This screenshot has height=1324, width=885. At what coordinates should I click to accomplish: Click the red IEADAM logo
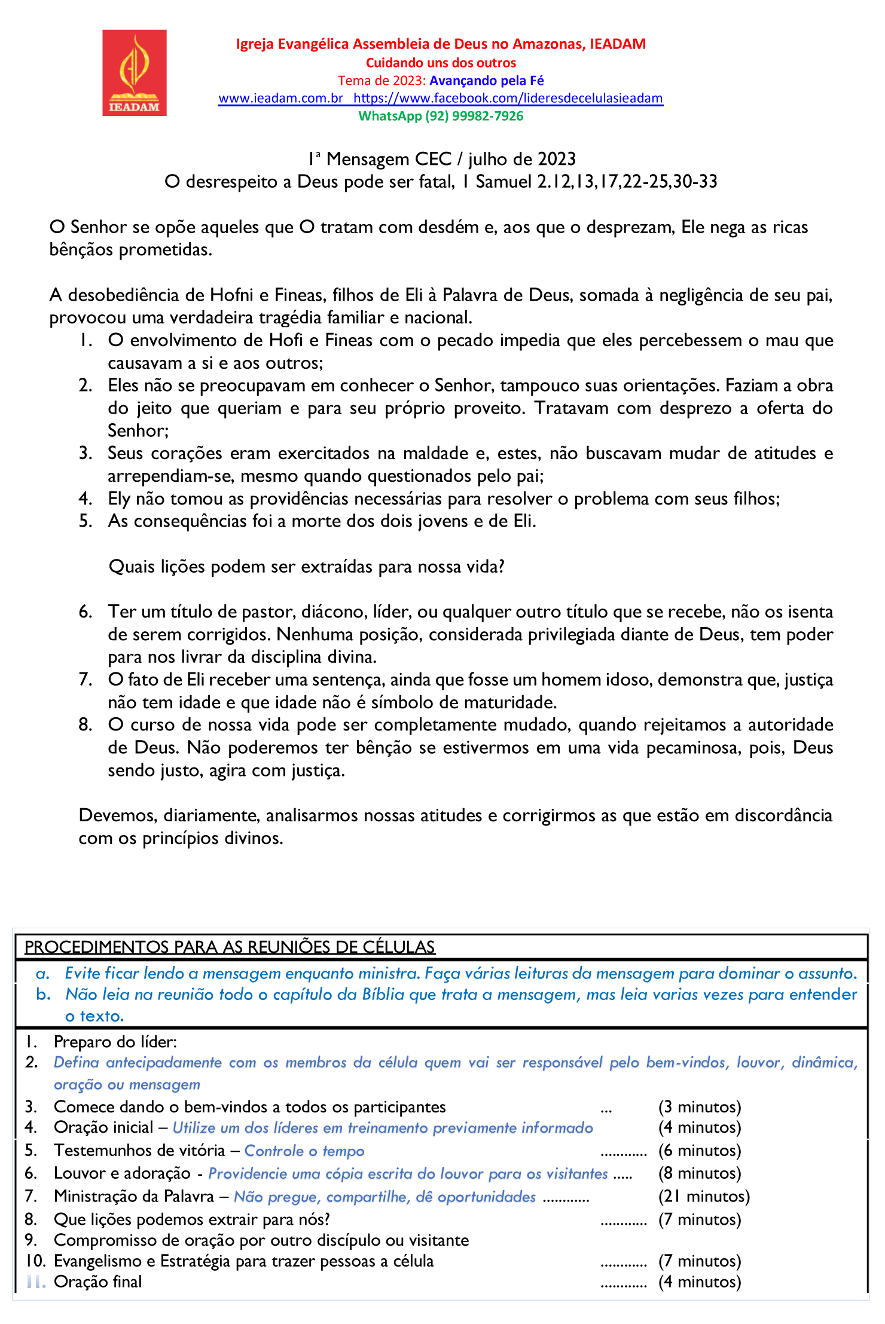(134, 72)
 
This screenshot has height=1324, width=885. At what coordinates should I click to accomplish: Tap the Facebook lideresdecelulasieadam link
(508, 98)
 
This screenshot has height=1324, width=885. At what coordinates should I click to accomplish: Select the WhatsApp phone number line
(441, 116)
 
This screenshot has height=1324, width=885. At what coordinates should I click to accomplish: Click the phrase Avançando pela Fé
(487, 81)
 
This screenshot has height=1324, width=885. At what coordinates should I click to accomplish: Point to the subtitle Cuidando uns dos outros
(441, 63)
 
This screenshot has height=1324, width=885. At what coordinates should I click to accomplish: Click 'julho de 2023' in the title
(521, 159)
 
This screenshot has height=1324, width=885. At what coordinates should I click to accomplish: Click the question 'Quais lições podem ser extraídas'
(306, 567)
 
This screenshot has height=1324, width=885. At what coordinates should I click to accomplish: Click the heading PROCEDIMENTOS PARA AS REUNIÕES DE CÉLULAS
(230, 947)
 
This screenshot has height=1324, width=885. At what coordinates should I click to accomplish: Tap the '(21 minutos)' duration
(704, 1196)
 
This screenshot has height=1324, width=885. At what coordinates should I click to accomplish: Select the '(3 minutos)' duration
(700, 1107)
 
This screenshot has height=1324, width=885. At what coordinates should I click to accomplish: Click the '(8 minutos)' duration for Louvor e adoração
(700, 1173)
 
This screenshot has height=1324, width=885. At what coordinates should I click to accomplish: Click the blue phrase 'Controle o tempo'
(304, 1151)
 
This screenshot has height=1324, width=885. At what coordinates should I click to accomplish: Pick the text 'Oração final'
(98, 1282)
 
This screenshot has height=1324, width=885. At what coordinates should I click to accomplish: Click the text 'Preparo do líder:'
(115, 1042)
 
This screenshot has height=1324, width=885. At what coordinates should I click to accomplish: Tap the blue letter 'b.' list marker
(43, 994)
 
